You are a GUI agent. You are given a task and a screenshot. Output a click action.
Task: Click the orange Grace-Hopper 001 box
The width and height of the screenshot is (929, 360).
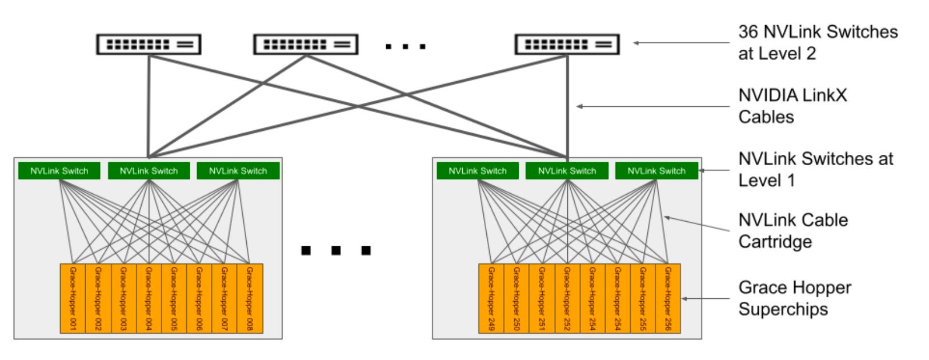pyautogui.click(x=73, y=298)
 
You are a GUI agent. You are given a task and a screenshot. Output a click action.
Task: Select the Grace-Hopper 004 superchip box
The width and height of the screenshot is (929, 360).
pyautogui.click(x=149, y=298)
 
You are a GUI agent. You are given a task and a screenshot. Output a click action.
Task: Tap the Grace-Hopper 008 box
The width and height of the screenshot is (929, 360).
pyautogui.click(x=250, y=298)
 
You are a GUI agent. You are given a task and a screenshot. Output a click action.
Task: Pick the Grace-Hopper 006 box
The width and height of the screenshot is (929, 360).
pyautogui.click(x=199, y=298)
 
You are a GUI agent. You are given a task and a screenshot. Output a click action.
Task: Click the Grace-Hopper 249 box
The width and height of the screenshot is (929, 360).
pyautogui.click(x=491, y=298)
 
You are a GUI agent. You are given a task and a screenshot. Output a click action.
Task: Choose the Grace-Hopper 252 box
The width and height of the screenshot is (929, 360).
pyautogui.click(x=567, y=298)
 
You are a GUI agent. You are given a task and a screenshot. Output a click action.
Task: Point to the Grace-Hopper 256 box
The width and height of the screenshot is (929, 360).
pyautogui.click(x=668, y=298)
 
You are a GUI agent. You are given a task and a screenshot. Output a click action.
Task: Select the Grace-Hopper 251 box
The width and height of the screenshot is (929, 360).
pyautogui.click(x=541, y=298)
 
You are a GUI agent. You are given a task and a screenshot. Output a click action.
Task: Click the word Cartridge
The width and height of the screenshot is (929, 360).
pyautogui.click(x=775, y=242)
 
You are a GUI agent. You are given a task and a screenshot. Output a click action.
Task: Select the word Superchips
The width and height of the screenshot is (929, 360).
pyautogui.click(x=783, y=309)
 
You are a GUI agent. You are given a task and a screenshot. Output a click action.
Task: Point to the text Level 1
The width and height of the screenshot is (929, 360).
pyautogui.click(x=766, y=181)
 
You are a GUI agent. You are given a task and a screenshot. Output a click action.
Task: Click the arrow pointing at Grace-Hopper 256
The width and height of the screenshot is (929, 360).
pyautogui.click(x=706, y=298)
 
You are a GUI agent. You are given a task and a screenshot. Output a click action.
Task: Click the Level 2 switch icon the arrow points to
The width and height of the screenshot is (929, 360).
pyautogui.click(x=567, y=44)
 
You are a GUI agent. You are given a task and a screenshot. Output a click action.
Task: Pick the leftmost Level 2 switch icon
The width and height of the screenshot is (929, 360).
pyautogui.click(x=149, y=44)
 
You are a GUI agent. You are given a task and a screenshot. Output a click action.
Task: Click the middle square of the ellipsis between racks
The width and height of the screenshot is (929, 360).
pyautogui.click(x=336, y=250)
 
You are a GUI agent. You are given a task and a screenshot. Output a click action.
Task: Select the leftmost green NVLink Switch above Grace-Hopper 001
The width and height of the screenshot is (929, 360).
pyautogui.click(x=59, y=171)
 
